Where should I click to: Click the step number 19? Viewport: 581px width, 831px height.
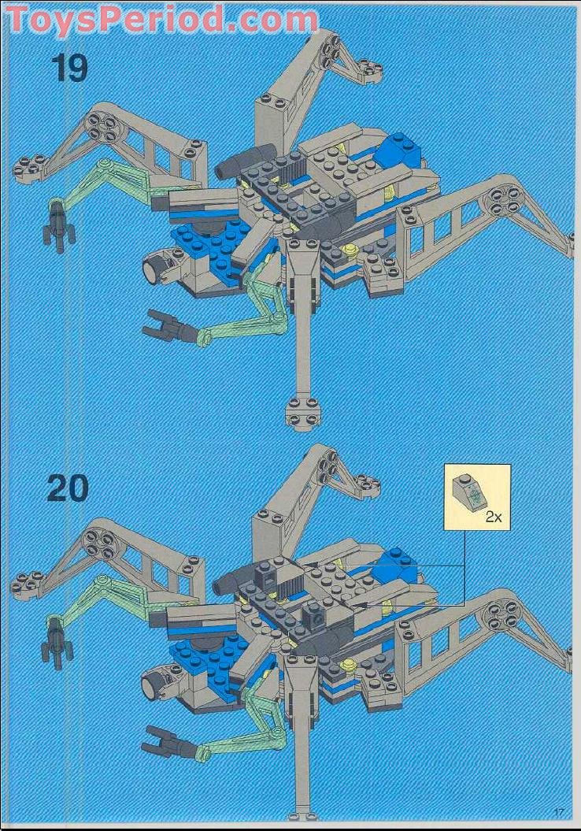click(x=70, y=68)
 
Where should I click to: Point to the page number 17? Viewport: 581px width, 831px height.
click(x=560, y=812)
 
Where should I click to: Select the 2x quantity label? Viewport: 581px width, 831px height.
click(x=493, y=518)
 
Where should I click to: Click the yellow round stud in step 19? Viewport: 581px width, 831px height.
click(x=349, y=250)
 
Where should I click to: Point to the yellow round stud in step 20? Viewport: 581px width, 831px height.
click(x=347, y=667)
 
